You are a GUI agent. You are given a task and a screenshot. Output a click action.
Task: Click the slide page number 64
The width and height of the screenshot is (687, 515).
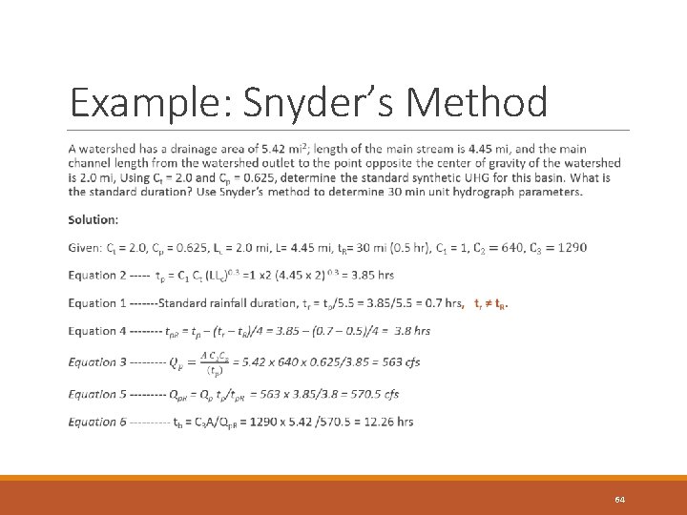coord(620,500)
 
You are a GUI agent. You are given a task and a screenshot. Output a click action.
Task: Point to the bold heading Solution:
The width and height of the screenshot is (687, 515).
coord(94,219)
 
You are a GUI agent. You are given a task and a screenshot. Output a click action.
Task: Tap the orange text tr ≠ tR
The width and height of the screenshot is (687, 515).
coord(490,304)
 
